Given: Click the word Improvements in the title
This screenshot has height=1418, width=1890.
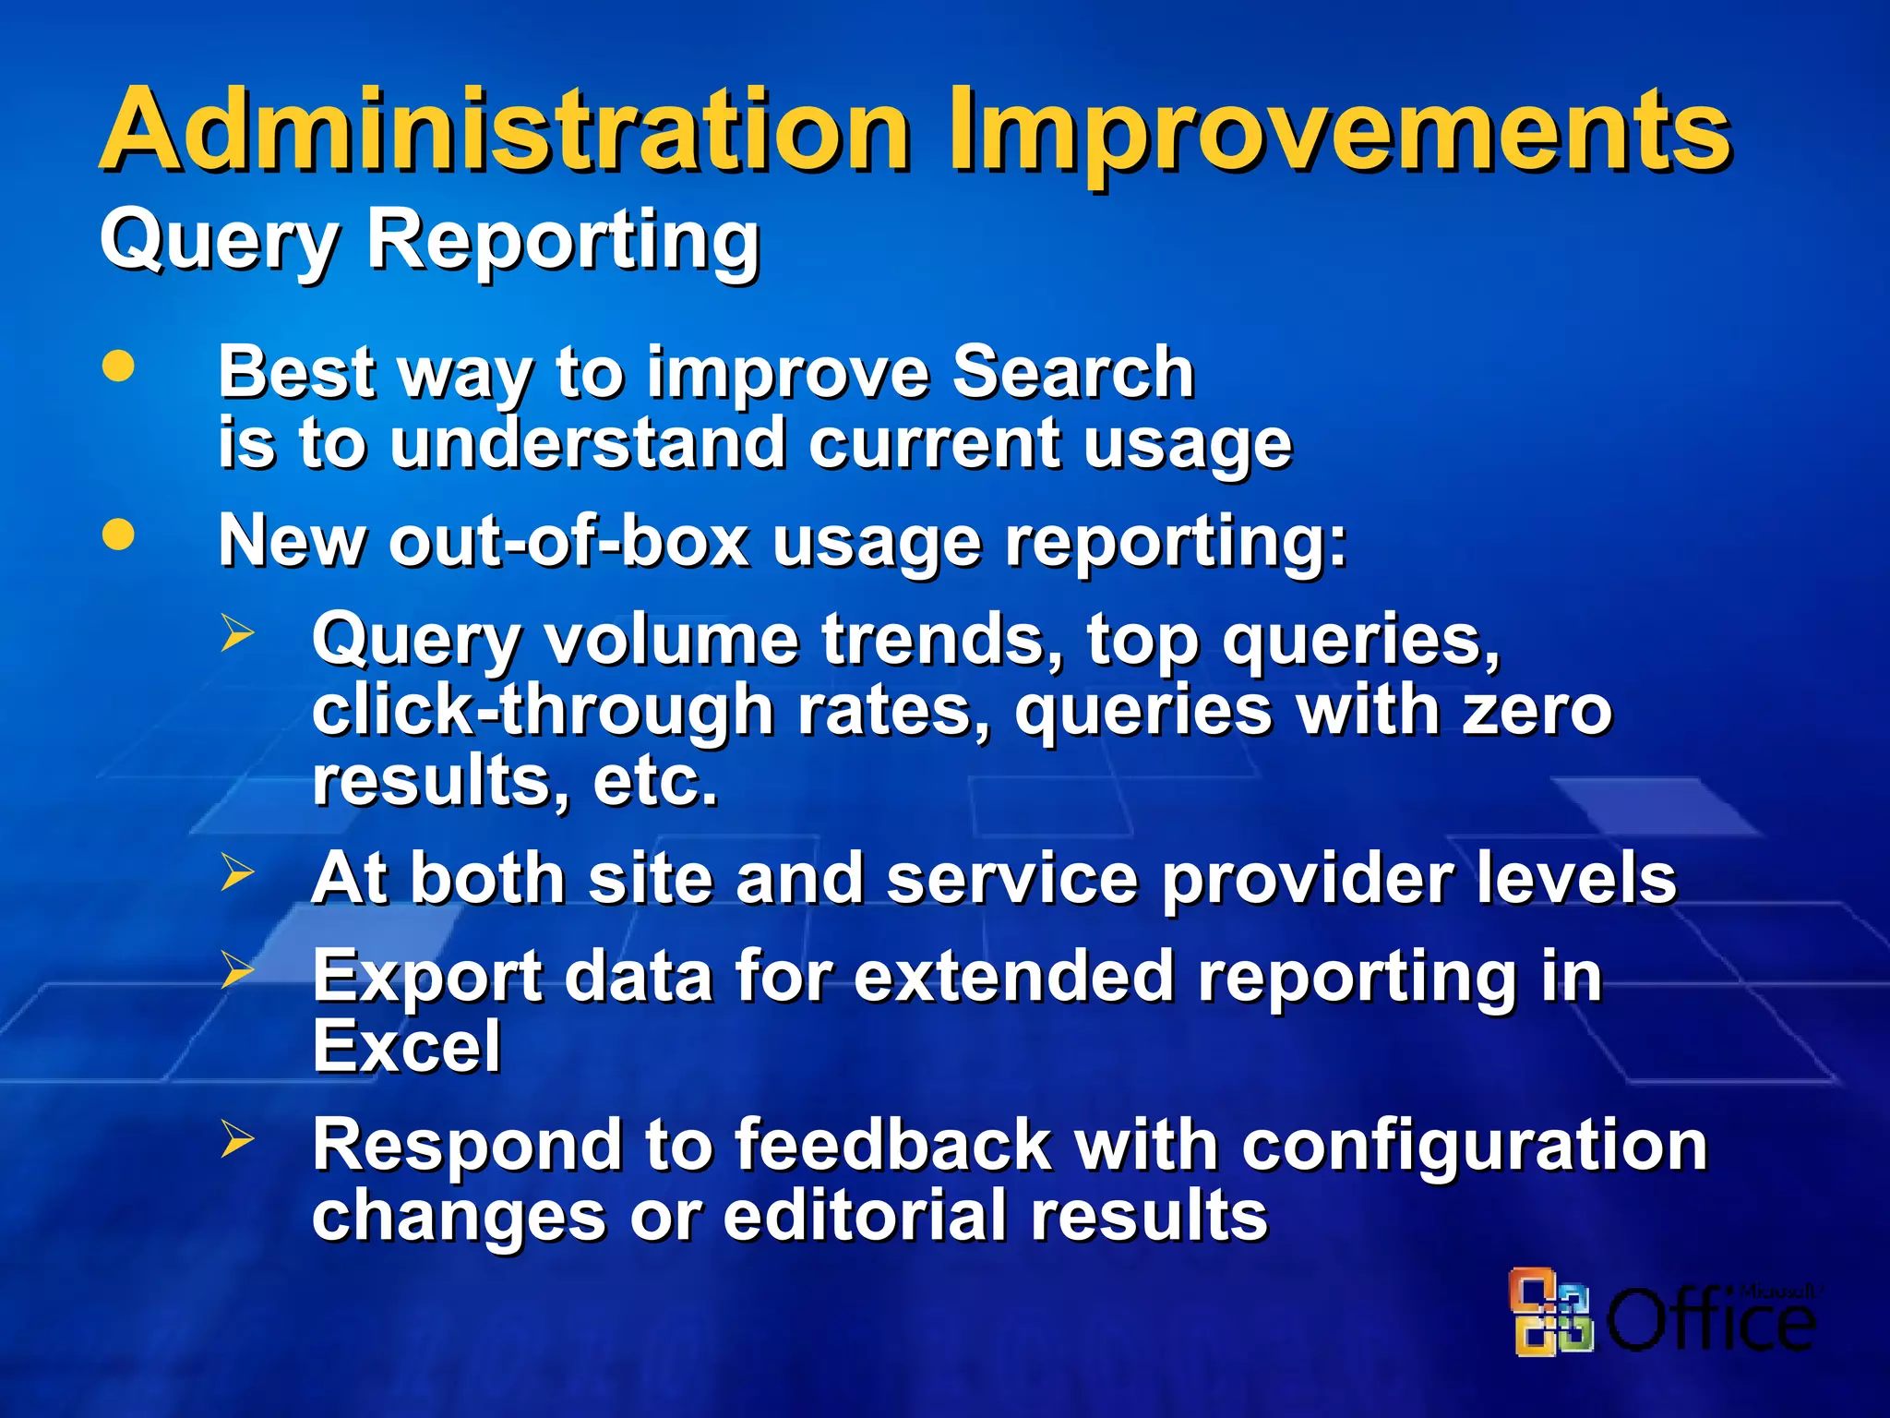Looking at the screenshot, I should click(1338, 131).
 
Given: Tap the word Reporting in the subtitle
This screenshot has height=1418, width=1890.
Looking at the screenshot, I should click(563, 240).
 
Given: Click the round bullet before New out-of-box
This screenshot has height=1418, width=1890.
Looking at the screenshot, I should click(118, 535).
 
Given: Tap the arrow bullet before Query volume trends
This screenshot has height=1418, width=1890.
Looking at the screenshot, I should click(236, 634).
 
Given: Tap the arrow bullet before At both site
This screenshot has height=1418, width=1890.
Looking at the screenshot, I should click(236, 872).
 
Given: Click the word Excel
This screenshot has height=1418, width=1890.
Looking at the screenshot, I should click(406, 1047).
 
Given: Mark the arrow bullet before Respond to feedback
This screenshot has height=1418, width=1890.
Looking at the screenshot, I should click(236, 1140).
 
